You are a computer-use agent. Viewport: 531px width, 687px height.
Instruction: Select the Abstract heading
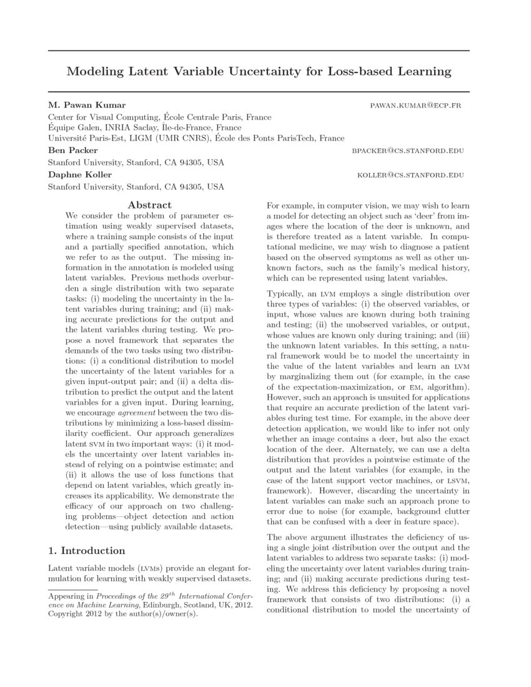(x=149, y=204)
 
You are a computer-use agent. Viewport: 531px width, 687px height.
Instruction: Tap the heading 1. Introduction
(x=87, y=551)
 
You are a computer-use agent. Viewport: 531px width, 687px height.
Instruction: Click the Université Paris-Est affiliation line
(x=196, y=139)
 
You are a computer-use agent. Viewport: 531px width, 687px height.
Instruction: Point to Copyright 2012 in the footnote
(x=74, y=615)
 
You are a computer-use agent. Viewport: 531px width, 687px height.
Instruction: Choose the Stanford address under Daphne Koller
(x=136, y=186)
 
